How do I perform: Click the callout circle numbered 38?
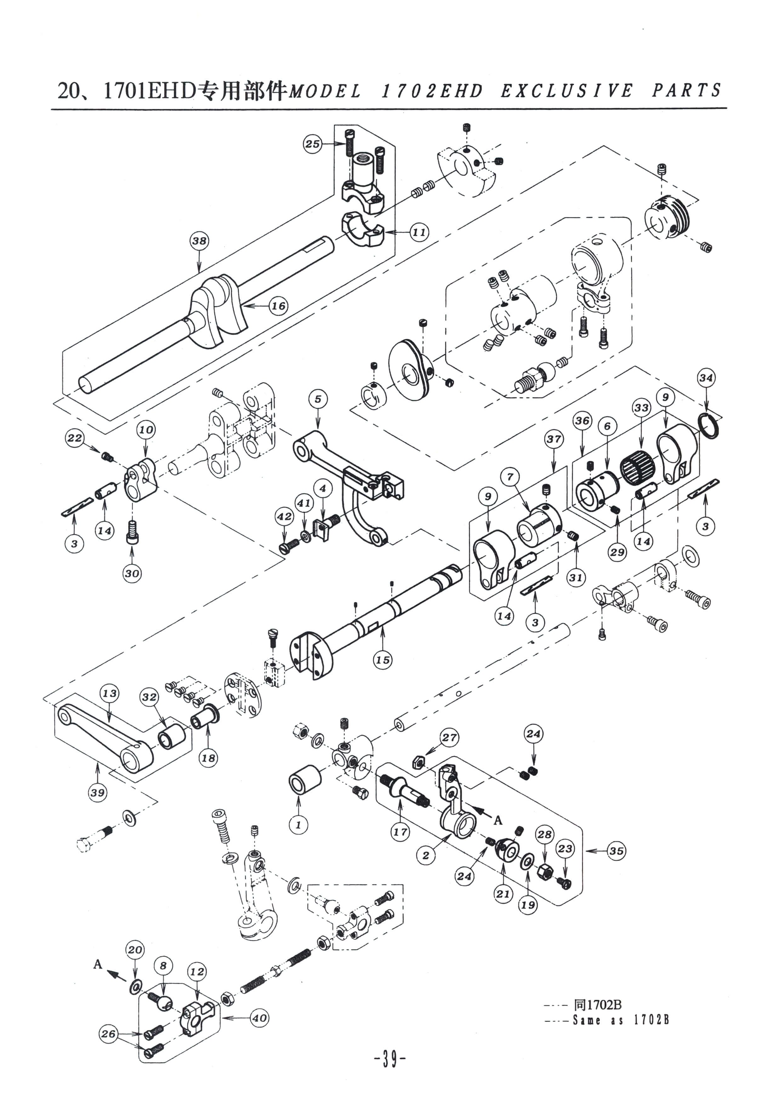pos(199,240)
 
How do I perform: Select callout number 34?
pos(706,378)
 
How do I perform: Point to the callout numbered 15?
pos(383,660)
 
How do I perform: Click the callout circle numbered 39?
pos(98,792)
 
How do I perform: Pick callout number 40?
pos(260,1018)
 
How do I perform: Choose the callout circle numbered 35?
pos(616,851)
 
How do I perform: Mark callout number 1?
pos(298,825)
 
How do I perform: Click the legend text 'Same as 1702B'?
pos(621,1020)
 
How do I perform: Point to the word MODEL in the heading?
pos(325,91)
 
